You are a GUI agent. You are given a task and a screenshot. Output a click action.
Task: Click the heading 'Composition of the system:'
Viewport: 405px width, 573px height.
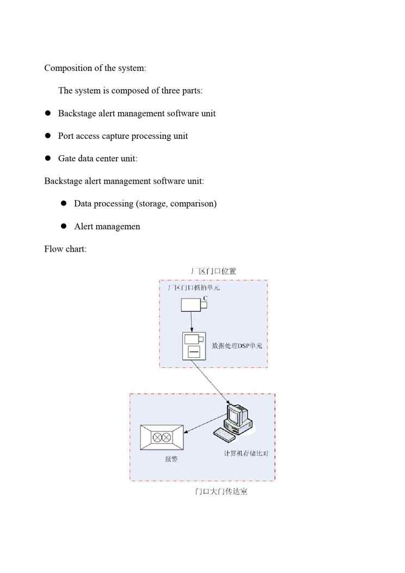[x=95, y=68]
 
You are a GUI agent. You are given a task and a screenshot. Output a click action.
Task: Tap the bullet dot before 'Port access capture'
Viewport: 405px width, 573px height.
[x=47, y=136]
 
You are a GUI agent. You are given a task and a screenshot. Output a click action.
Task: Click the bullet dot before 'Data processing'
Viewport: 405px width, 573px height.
[x=63, y=203]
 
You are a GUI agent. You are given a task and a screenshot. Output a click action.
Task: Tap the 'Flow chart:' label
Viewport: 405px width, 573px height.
[x=65, y=249]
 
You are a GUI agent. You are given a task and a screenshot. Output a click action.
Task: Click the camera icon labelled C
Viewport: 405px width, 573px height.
[x=194, y=305]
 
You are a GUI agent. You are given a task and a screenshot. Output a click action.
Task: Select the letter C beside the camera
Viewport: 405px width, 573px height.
[x=205, y=298]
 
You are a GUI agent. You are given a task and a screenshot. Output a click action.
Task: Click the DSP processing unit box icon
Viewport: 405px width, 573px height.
[x=193, y=346]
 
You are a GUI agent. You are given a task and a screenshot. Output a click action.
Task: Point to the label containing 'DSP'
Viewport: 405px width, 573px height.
[x=240, y=346]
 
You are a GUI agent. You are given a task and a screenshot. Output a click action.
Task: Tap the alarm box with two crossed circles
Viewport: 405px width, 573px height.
[x=162, y=437]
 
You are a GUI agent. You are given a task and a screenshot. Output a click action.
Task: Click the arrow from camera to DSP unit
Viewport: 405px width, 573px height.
[x=192, y=322]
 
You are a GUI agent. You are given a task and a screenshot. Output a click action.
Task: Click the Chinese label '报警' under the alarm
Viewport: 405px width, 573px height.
[x=171, y=459]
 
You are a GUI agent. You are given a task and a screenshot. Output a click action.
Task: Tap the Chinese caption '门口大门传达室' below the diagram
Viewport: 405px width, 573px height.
[x=221, y=492]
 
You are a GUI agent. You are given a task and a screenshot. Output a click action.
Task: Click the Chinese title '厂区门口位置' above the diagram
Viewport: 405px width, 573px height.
[x=213, y=271]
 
